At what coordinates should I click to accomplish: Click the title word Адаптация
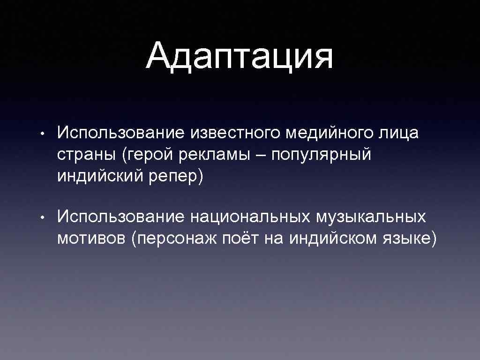pos(240,57)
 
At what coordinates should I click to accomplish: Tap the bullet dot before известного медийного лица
pos(42,135)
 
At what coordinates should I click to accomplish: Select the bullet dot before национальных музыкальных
pos(42,218)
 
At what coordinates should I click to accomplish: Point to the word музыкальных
pos(371,217)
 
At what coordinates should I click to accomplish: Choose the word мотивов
pos(91,239)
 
